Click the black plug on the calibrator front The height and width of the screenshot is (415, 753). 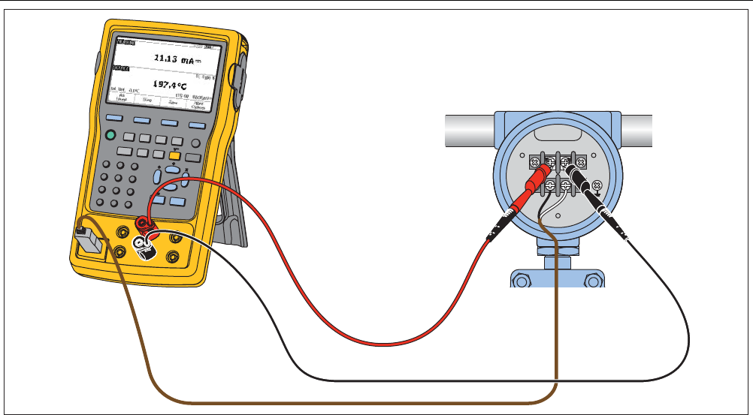(x=144, y=245)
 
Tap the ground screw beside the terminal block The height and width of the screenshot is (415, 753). (x=597, y=185)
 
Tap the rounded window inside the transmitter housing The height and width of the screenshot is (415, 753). (x=557, y=137)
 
